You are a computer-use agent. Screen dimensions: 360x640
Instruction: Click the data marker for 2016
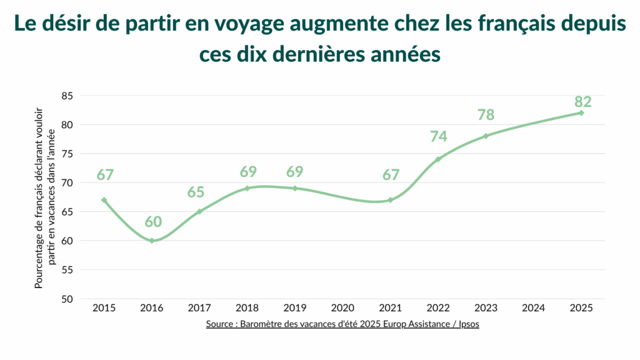click(x=152, y=241)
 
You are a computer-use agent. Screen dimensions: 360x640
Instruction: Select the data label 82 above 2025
click(x=582, y=102)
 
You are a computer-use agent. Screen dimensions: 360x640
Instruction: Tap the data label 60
click(x=153, y=222)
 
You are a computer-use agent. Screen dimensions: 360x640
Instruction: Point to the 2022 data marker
click(x=438, y=159)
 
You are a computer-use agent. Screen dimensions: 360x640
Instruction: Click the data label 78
click(x=486, y=115)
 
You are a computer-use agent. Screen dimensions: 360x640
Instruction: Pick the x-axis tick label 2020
click(x=342, y=307)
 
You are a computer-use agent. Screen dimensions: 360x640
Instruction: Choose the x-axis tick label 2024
click(x=533, y=307)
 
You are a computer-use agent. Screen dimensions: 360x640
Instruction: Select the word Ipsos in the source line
click(x=467, y=324)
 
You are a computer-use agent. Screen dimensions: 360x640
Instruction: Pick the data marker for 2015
click(x=104, y=200)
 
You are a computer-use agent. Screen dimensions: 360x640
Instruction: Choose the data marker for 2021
click(x=390, y=200)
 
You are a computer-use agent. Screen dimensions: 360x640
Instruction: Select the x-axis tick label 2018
click(x=247, y=307)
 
